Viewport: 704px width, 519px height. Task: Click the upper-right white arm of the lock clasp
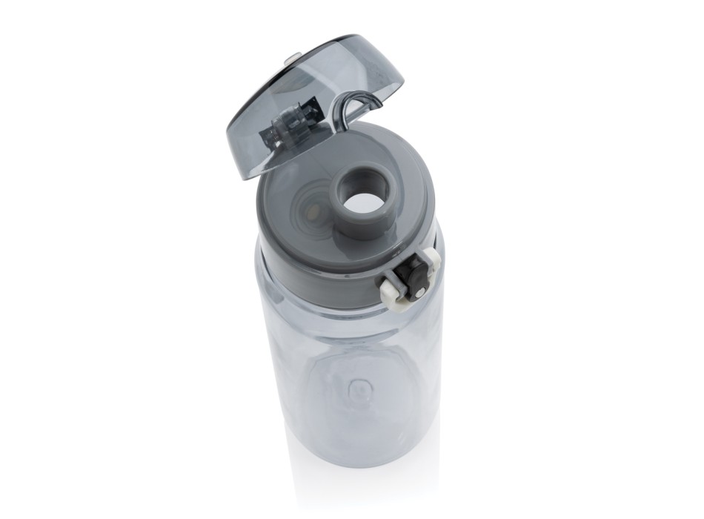(433, 260)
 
